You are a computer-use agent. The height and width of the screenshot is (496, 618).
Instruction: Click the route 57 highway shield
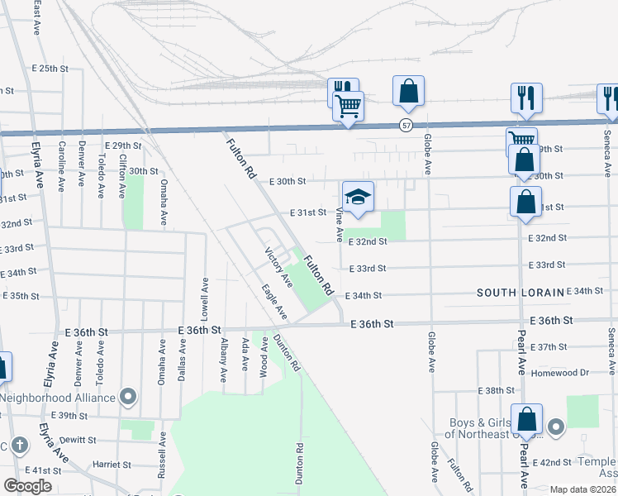click(405, 125)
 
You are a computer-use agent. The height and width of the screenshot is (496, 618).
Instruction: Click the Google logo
click(27, 486)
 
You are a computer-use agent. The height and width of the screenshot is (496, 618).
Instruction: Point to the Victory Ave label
click(278, 267)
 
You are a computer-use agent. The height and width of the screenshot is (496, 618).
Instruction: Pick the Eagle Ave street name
click(274, 303)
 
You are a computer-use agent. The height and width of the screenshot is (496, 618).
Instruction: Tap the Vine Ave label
click(340, 224)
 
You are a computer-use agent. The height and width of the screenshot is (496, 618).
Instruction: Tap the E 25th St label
click(49, 68)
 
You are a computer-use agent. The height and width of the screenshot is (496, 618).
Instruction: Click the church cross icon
click(20, 446)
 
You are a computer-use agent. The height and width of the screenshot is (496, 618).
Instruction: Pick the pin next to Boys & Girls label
click(556, 427)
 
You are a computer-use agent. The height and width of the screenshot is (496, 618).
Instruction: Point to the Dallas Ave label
click(183, 363)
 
